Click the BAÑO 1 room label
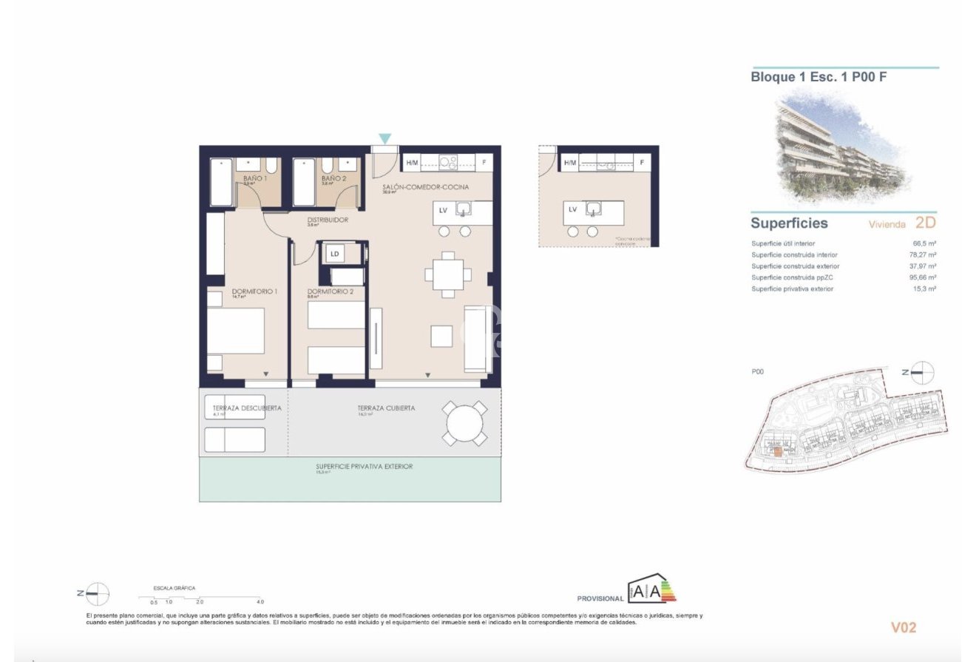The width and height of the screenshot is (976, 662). pyautogui.click(x=254, y=178)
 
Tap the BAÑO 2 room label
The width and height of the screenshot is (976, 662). pyautogui.click(x=333, y=178)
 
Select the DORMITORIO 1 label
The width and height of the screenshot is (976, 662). pyautogui.click(x=254, y=291)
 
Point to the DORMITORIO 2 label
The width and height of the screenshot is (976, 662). pyautogui.click(x=330, y=291)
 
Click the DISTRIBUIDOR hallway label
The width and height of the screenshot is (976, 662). pyautogui.click(x=328, y=220)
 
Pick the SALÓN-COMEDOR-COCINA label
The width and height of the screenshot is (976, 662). pyautogui.click(x=425, y=187)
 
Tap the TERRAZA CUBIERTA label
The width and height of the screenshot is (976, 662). pyautogui.click(x=386, y=408)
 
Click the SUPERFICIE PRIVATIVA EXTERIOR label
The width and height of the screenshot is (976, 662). pyautogui.click(x=364, y=467)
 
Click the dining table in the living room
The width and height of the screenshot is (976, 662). pyautogui.click(x=448, y=274)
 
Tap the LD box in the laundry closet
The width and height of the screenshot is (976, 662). pyautogui.click(x=335, y=254)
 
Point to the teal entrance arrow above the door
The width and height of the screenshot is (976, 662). pyautogui.click(x=384, y=138)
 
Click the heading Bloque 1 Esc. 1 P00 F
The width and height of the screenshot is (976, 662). pyautogui.click(x=819, y=77)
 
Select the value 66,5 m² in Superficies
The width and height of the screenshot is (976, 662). pyautogui.click(x=924, y=243)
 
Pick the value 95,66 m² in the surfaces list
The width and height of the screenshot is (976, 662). pyautogui.click(x=923, y=277)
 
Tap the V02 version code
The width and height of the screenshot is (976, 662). pyautogui.click(x=904, y=627)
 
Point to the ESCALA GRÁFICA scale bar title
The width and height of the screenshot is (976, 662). pyautogui.click(x=174, y=588)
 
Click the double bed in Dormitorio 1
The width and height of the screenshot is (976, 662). pyautogui.click(x=235, y=331)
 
